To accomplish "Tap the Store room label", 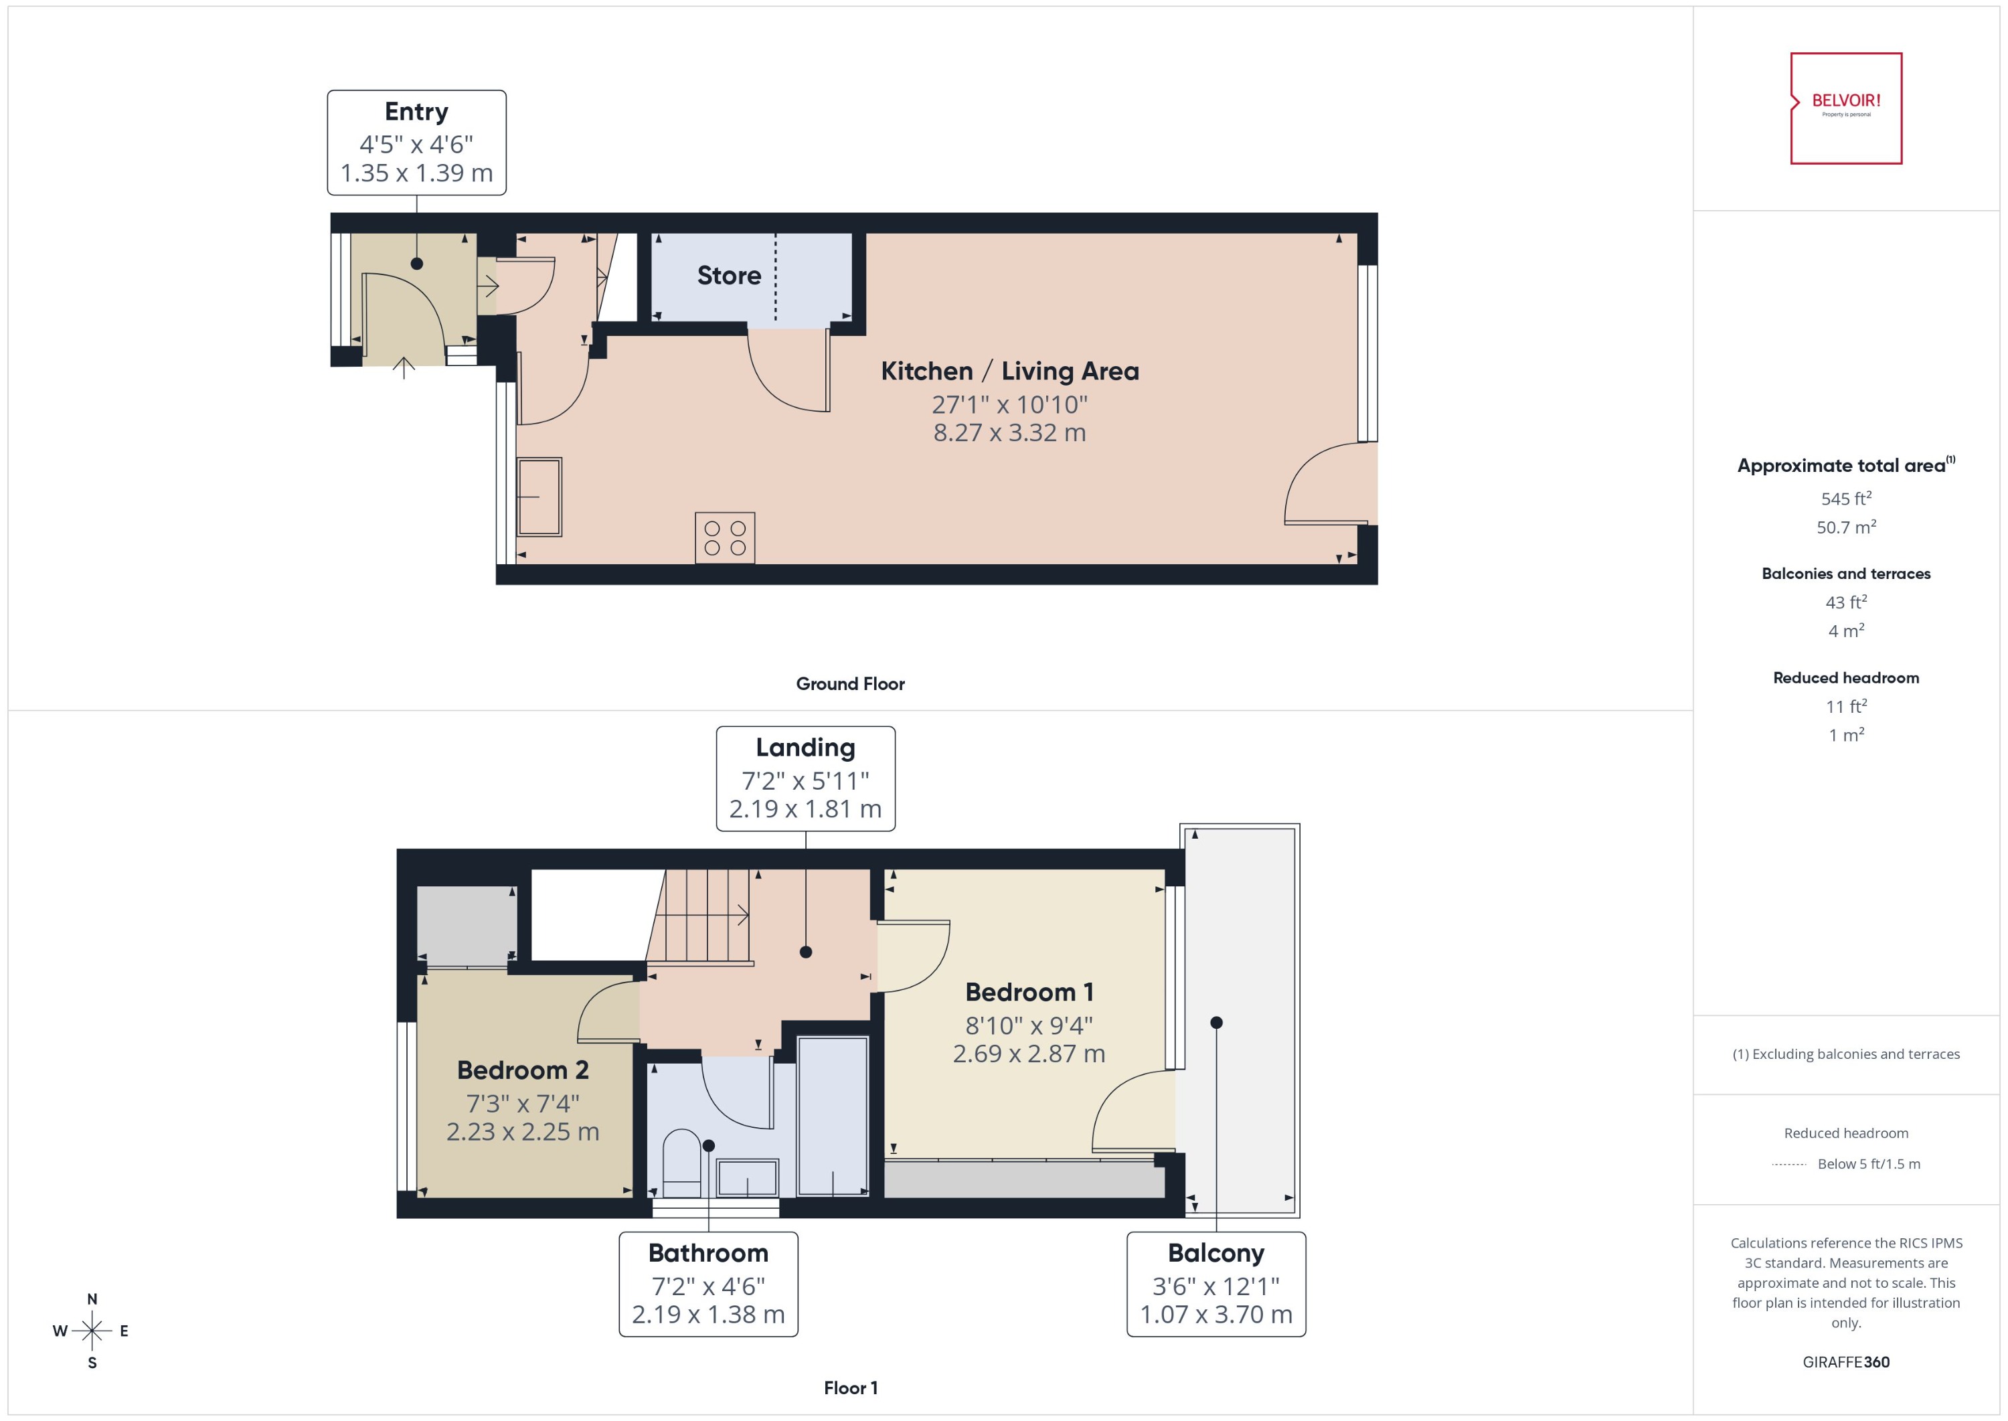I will [729, 276].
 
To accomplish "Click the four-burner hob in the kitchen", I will [724, 537].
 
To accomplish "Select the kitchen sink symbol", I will [538, 496].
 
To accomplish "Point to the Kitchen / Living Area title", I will [1009, 371].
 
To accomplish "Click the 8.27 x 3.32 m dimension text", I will [1009, 432].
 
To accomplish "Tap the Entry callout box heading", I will [416, 112].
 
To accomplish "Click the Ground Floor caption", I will [849, 683].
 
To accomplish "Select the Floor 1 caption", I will [849, 1388].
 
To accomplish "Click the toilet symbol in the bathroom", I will [681, 1165].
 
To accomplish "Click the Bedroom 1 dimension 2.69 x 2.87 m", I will [1028, 1054].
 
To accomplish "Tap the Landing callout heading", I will [805, 747].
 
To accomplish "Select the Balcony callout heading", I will [1216, 1253].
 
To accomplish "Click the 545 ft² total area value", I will [1845, 499].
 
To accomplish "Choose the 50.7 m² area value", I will [1845, 527].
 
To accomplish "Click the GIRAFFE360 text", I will [1845, 1361].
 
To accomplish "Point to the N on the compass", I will [92, 1299].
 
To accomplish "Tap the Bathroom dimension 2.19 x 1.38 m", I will [708, 1315].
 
